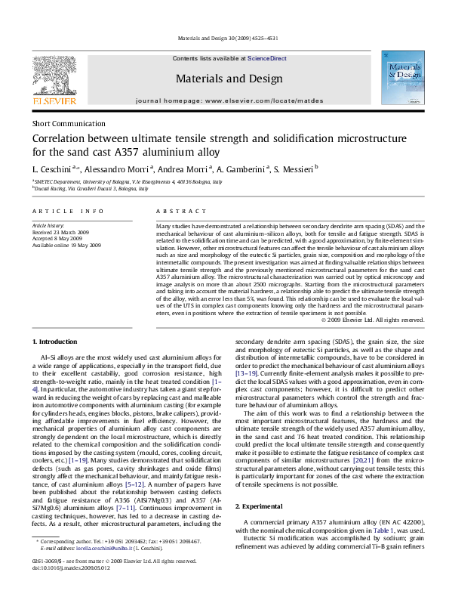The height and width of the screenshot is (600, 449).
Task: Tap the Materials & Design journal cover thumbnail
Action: coord(401,79)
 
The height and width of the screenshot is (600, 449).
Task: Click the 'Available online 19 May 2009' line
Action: coord(66,245)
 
